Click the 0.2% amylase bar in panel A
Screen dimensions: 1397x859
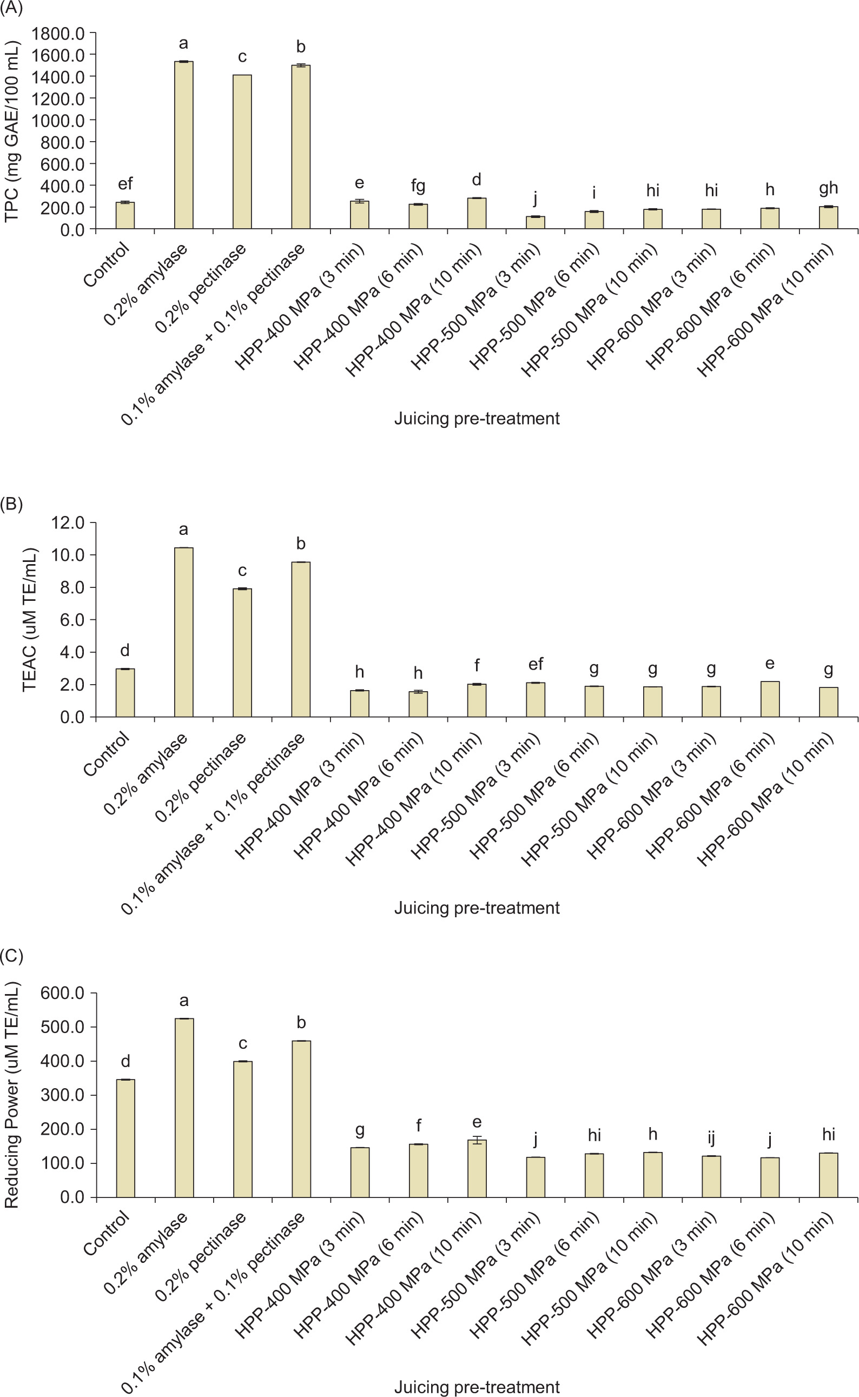click(x=183, y=145)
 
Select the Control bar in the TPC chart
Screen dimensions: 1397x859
click(x=125, y=216)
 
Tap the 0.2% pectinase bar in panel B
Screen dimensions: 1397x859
click(x=242, y=653)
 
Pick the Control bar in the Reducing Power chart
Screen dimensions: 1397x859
click(x=125, y=1138)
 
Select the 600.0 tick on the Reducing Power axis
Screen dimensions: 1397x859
click(x=63, y=993)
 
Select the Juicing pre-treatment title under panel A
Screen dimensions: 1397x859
click(x=477, y=419)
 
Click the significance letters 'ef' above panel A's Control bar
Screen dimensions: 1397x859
click(x=125, y=183)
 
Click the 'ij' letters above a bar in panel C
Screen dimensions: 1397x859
click(x=711, y=1137)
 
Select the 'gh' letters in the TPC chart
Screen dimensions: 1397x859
click(x=828, y=188)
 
